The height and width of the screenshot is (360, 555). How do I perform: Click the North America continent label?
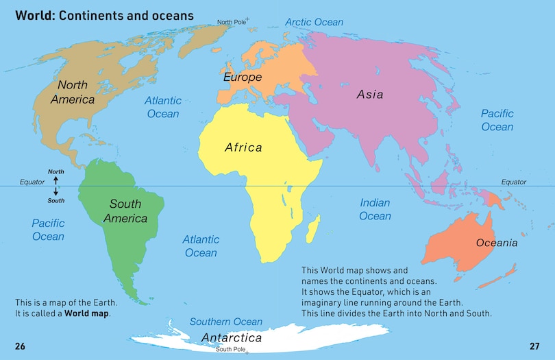[76, 93]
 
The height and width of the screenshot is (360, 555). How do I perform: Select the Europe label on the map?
[243, 77]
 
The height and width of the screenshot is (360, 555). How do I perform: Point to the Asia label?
[370, 95]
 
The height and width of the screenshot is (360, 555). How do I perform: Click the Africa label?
[243, 147]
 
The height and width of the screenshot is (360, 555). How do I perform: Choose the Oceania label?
[497, 243]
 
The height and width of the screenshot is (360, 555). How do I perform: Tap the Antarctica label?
[231, 338]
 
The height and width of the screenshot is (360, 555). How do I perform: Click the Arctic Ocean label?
[314, 22]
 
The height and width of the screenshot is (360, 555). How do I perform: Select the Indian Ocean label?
[375, 209]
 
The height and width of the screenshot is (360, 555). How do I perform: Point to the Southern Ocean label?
[225, 322]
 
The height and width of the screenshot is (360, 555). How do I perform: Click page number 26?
[20, 346]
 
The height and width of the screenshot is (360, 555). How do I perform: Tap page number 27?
[534, 346]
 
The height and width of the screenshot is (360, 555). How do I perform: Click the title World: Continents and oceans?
[104, 14]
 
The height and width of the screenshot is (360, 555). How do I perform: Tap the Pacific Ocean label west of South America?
[48, 230]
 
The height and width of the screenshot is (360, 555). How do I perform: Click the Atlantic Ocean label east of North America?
[162, 107]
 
